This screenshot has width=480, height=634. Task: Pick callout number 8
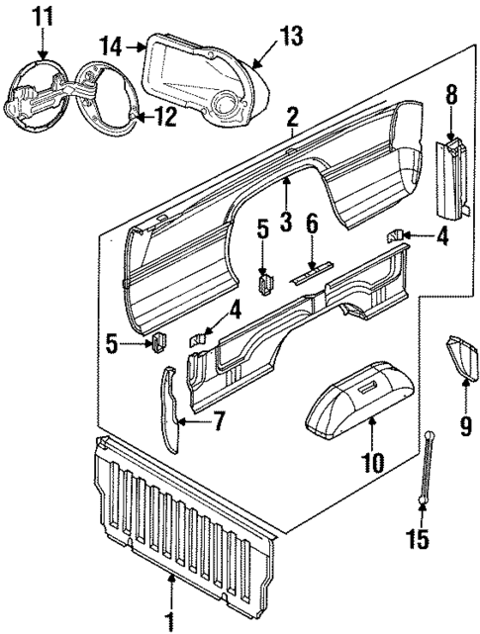pos(451,96)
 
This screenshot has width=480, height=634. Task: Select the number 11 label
pos(42,16)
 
